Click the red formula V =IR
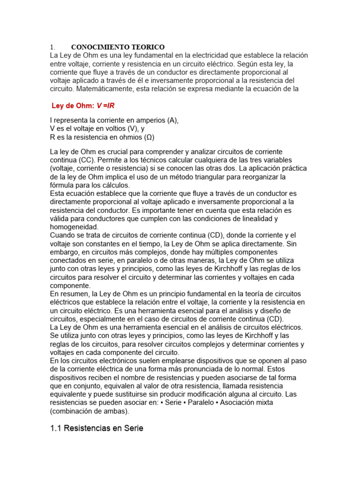pos(105,105)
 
